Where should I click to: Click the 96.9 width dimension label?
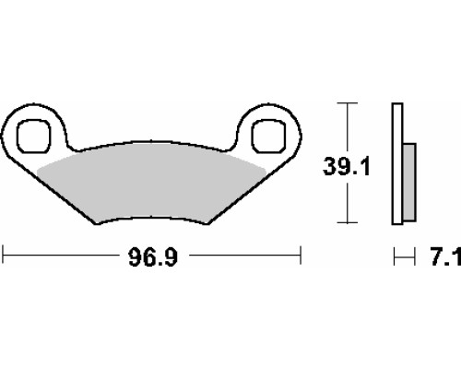(153, 257)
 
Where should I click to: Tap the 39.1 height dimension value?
(347, 167)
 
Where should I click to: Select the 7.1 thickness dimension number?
(445, 257)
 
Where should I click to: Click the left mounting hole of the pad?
(33, 137)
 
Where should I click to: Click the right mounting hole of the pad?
(268, 137)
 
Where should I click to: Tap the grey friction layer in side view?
(409, 182)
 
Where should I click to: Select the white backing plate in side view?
(397, 163)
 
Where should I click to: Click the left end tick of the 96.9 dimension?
(3, 255)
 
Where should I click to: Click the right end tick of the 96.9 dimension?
(301, 255)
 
